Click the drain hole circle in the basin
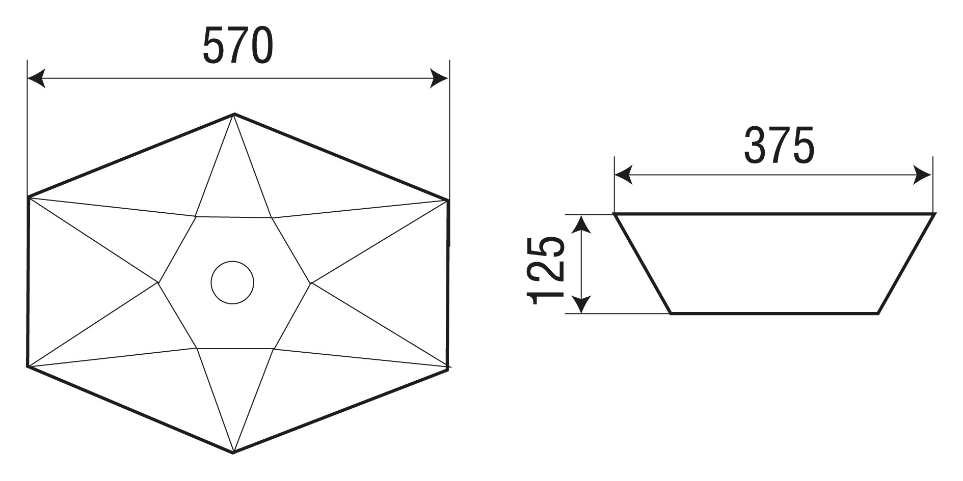pyautogui.click(x=232, y=282)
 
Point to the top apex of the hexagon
pyautogui.click(x=234, y=114)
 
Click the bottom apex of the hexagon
pyautogui.click(x=233, y=452)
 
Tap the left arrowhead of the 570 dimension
pyautogui.click(x=36, y=78)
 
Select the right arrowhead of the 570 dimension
pyautogui.click(x=439, y=78)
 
